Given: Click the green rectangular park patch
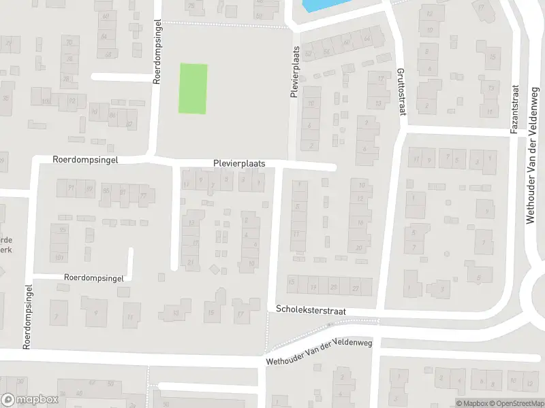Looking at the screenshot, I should pyautogui.click(x=193, y=88).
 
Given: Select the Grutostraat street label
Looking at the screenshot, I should pyautogui.click(x=401, y=91).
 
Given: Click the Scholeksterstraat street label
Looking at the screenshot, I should pyautogui.click(x=311, y=309).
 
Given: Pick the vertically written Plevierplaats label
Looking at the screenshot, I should pyautogui.click(x=296, y=72).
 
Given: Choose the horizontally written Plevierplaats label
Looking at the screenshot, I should pyautogui.click(x=238, y=164).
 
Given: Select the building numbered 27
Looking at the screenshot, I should pyautogui.click(x=355, y=288).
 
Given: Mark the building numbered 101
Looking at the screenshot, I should pyautogui.click(x=60, y=257).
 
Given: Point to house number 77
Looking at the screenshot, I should pyautogui.click(x=142, y=197).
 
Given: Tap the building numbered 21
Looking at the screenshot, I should pyautogui.click(x=190, y=262).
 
